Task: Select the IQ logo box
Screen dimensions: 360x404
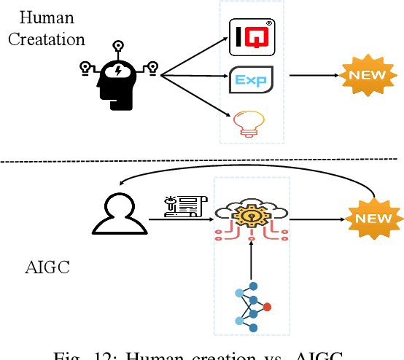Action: [252, 37]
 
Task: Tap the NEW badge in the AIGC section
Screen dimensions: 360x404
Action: [373, 217]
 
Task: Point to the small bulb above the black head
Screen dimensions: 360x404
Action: [119, 42]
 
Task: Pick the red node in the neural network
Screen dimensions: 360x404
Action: [268, 306]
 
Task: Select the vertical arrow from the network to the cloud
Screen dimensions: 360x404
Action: [251, 259]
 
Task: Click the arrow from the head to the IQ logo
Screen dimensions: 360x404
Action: [193, 55]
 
